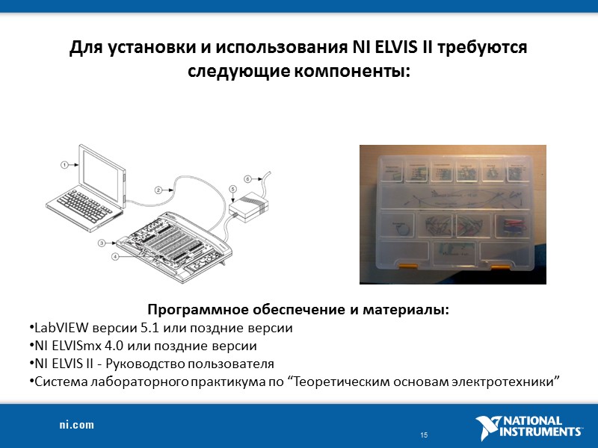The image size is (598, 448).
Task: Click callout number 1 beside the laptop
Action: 64,163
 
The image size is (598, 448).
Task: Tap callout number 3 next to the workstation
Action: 102,243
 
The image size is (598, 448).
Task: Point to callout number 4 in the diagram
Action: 116,257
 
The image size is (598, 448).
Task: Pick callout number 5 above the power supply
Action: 232,190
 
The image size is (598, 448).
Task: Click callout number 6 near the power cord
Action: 248,178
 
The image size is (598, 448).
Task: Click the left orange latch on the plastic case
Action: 407,265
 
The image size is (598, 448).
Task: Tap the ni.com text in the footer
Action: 77,425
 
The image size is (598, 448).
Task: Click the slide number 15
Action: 424,435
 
